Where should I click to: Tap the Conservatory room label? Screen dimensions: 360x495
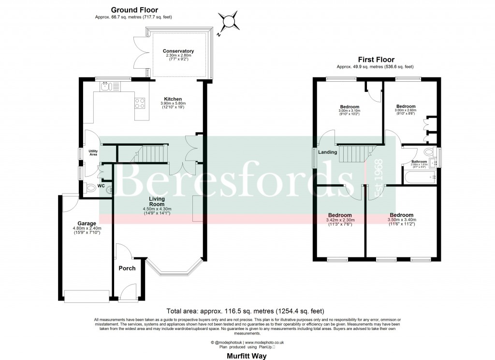[x=178, y=51]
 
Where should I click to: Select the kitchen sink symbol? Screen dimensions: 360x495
[x=107, y=87]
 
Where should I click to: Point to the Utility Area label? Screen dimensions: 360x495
[x=93, y=152]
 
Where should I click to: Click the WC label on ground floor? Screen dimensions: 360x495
[x=101, y=186]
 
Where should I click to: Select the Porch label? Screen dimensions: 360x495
[x=127, y=268]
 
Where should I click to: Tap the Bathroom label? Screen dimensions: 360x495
[x=419, y=162]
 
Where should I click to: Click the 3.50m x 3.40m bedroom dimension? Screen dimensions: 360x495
[x=402, y=220]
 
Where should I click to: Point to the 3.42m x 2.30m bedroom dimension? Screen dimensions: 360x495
[x=340, y=220]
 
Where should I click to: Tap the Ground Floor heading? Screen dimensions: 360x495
[x=134, y=10]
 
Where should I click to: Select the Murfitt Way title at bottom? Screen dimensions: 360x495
[x=247, y=355]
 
